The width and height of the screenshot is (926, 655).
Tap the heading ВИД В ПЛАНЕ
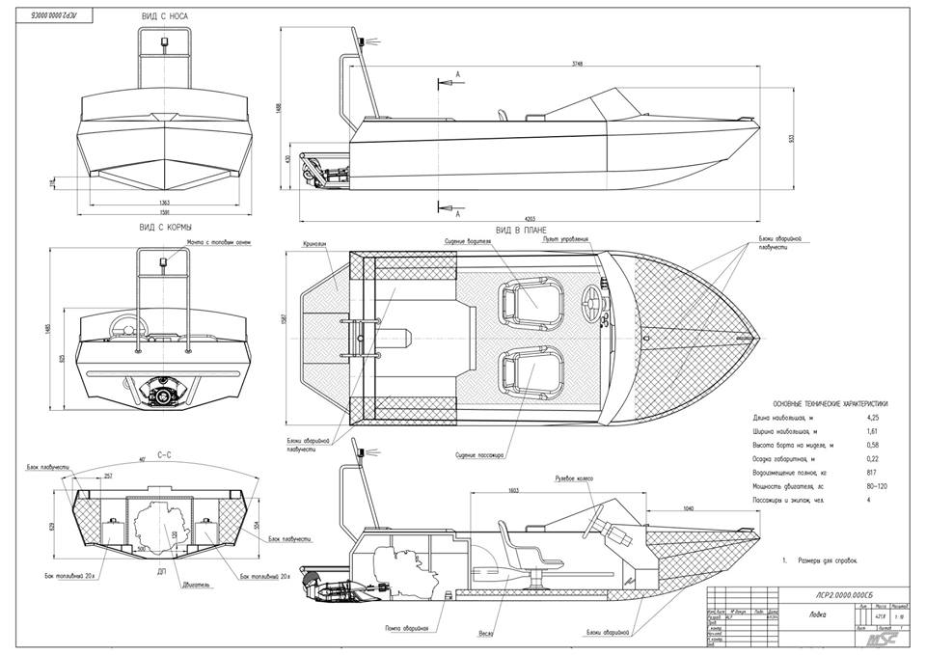516,230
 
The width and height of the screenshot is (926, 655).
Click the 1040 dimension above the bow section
689,506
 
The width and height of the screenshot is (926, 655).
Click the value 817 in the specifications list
872,473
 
